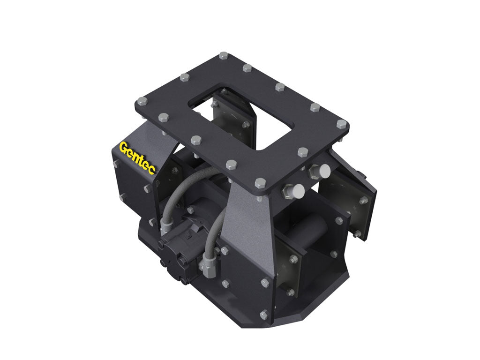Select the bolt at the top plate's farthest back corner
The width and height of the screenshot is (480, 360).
pyautogui.click(x=223, y=57)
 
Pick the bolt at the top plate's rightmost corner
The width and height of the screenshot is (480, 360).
pyautogui.click(x=342, y=124)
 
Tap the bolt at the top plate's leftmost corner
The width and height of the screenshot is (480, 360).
pyautogui.click(x=140, y=100)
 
